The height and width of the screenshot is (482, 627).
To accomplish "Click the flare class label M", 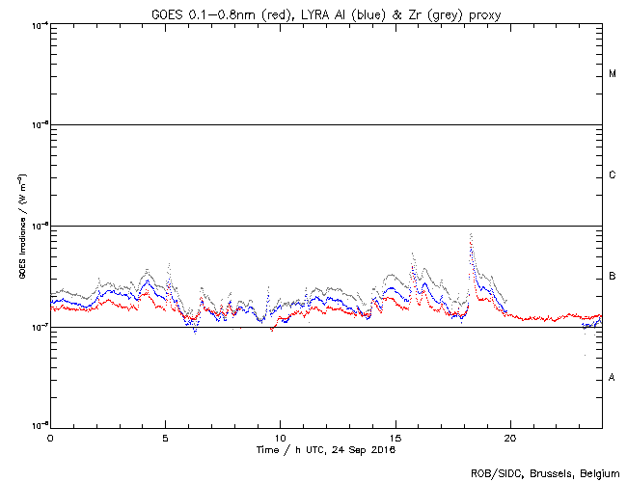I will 613,74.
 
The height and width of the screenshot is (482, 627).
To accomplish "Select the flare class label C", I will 613,175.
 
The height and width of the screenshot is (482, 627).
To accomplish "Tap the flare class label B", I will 613,277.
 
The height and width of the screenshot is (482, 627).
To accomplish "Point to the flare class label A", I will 613,378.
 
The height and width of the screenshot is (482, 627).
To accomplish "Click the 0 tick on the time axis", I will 50,437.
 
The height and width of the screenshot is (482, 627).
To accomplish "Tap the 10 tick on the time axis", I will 280,437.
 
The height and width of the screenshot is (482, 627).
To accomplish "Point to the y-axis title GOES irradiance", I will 20,226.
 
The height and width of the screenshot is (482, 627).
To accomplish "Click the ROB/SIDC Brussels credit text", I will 545,472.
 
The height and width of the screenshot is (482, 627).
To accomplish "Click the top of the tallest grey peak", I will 470,233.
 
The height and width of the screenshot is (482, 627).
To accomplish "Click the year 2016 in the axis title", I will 382,449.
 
